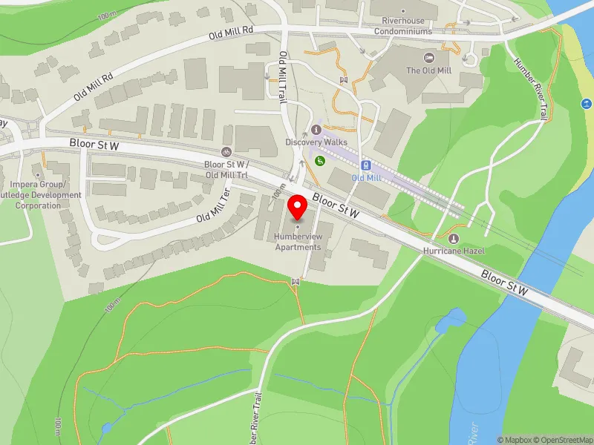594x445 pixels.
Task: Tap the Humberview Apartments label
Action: point(298,242)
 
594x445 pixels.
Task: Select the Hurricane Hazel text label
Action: point(454,251)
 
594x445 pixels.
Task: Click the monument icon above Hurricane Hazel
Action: point(454,238)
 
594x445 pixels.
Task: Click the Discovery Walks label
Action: point(316,142)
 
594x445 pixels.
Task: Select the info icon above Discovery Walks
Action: point(316,130)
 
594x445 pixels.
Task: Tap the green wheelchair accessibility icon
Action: point(321,160)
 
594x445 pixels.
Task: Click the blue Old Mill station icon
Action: point(365,165)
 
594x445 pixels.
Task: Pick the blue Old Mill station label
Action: point(367,178)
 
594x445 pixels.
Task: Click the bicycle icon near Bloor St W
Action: point(227,151)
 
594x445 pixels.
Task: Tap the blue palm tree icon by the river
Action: point(585,104)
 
